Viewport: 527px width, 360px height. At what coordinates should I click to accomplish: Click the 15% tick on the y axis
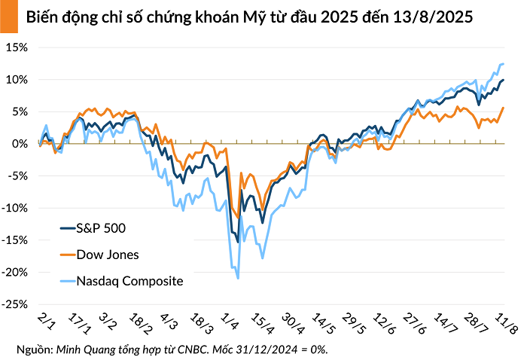17,47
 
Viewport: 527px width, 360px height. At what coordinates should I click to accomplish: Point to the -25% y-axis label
15,305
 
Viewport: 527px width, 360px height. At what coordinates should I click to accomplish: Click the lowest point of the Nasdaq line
238,279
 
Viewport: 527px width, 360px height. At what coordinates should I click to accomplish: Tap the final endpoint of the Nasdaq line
503,64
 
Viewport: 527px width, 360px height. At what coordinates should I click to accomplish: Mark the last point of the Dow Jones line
503,108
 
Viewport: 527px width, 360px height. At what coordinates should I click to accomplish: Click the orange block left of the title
8,16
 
